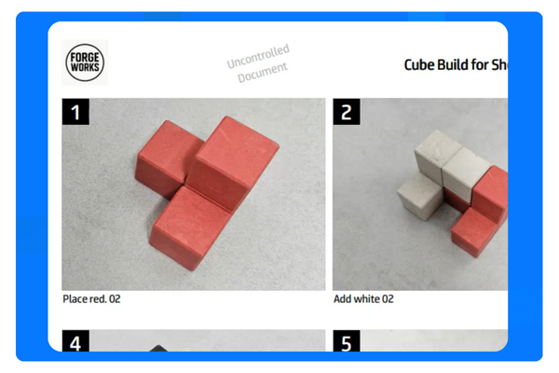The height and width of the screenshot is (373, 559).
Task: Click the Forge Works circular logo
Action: coord(85,63)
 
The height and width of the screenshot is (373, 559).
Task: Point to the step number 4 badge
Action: coord(75,342)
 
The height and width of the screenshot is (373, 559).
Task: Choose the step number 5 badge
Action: coord(347,342)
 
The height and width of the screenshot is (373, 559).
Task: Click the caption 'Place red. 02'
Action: coord(91,299)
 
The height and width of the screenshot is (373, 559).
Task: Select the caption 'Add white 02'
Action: coord(363,299)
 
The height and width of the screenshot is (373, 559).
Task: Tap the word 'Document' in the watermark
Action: coord(263,73)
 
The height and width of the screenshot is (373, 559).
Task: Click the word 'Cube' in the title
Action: coord(419,65)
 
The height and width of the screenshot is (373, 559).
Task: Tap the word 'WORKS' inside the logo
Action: coord(85,69)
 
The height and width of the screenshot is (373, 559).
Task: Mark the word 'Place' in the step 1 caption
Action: coord(75,299)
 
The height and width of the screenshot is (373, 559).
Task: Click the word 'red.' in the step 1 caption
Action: coord(98,299)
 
